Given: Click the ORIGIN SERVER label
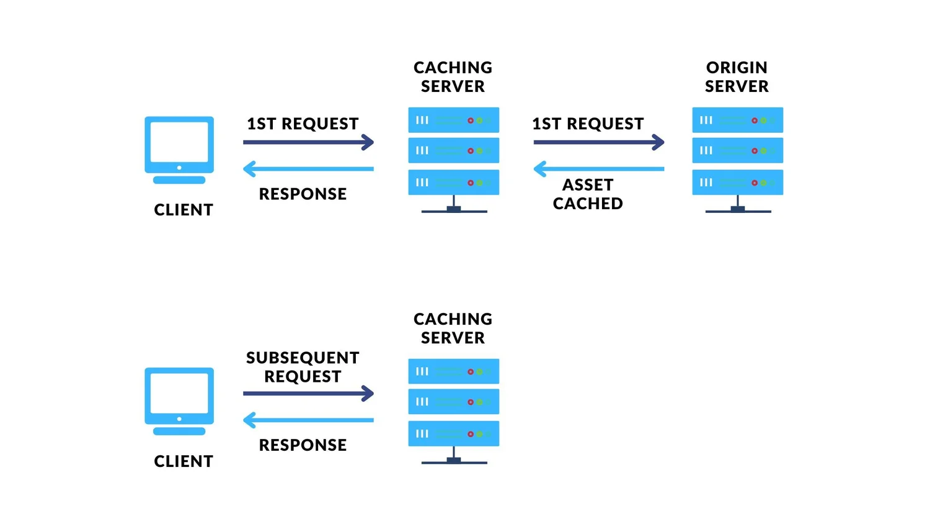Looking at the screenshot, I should coord(737,77).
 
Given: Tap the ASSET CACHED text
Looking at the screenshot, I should coord(588,194).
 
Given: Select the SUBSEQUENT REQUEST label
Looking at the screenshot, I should coord(303,367).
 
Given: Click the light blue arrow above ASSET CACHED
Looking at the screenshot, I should coord(598,169).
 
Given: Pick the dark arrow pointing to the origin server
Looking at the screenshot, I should coord(598,142).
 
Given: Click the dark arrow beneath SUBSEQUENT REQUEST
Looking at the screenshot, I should coord(308,393).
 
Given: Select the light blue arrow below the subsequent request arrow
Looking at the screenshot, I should coord(308,420).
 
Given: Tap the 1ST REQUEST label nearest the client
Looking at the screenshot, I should coord(303,124).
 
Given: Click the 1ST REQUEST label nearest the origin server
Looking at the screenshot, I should coord(588,124).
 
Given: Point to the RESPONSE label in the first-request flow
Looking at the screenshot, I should coord(303,194).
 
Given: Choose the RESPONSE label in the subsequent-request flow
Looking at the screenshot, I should coord(303,445).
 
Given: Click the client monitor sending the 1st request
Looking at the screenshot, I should coord(179,150).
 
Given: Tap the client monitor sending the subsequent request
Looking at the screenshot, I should coord(179,401).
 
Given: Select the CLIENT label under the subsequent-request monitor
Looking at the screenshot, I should coord(184,461).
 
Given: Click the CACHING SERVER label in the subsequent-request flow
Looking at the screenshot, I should coord(453,328).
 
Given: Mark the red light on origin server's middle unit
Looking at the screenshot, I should coord(755,151).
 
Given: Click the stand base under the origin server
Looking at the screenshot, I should coord(738,210).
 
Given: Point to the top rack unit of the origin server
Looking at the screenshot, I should coord(737,120).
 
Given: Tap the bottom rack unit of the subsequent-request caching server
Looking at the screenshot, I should coord(453,433).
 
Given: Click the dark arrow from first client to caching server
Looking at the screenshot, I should coord(308,142).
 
